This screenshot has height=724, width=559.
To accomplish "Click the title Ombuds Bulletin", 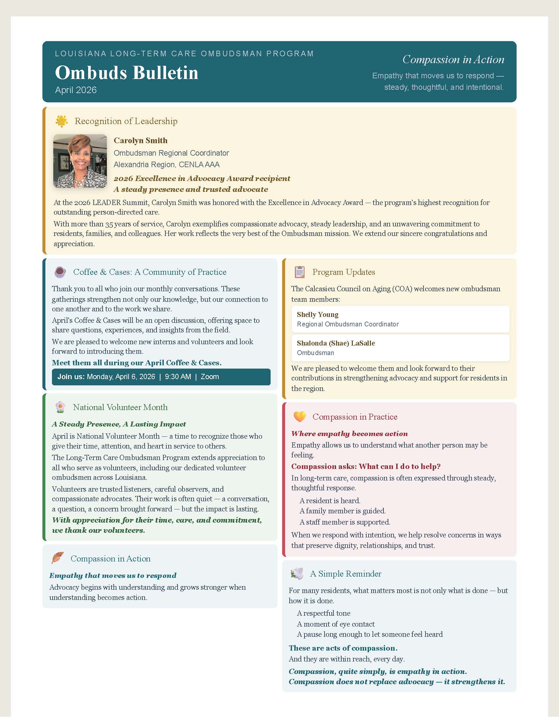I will click(127, 73).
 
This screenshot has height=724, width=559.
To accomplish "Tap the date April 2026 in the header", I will click(76, 90).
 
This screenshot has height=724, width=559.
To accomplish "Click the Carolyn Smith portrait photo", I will click(80, 161).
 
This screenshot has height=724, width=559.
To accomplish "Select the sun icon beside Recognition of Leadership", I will click(61, 121).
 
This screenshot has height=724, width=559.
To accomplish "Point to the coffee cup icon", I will click(60, 272).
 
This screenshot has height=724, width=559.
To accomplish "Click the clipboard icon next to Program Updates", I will click(300, 272).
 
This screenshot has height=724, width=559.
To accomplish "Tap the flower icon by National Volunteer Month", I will click(60, 407).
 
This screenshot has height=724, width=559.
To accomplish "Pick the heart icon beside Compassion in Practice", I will click(300, 417).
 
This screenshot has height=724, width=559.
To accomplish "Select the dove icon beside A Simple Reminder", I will click(297, 574).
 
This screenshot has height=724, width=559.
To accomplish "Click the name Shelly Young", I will click(318, 315).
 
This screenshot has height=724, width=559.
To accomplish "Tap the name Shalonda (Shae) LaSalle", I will click(336, 343).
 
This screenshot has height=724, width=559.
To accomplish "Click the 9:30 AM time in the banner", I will click(178, 377).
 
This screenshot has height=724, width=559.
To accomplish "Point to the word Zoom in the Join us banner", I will click(210, 377).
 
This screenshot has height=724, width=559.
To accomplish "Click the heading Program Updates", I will click(343, 272).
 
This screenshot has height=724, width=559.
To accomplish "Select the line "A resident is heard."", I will click(330, 501).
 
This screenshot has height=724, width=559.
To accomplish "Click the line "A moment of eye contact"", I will click(336, 624).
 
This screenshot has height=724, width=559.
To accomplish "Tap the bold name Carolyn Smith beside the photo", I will click(140, 141).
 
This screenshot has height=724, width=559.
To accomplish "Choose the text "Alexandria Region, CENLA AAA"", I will click(167, 165).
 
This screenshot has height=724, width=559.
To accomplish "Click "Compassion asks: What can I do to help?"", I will click(366, 466).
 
